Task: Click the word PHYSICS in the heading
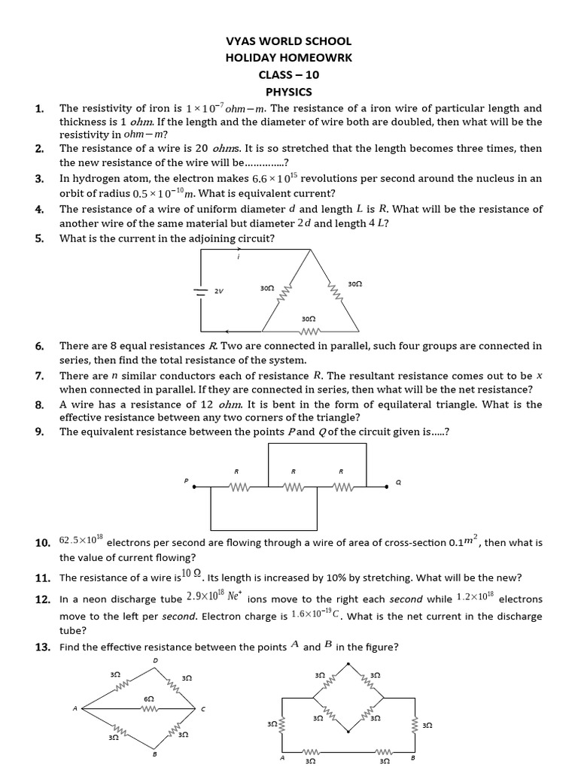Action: pyautogui.click(x=288, y=91)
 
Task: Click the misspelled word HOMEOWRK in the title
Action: pyautogui.click(x=315, y=58)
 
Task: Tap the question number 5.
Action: pyautogui.click(x=39, y=239)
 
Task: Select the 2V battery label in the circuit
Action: pyautogui.click(x=219, y=292)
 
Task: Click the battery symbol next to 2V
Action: pyautogui.click(x=201, y=291)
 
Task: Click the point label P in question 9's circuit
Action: pyautogui.click(x=185, y=480)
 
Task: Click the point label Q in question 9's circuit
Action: pyautogui.click(x=398, y=484)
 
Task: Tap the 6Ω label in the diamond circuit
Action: pyautogui.click(x=148, y=699)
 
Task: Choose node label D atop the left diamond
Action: pyautogui.click(x=156, y=661)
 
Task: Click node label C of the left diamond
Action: pyautogui.click(x=202, y=709)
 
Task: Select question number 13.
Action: pyautogui.click(x=42, y=647)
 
